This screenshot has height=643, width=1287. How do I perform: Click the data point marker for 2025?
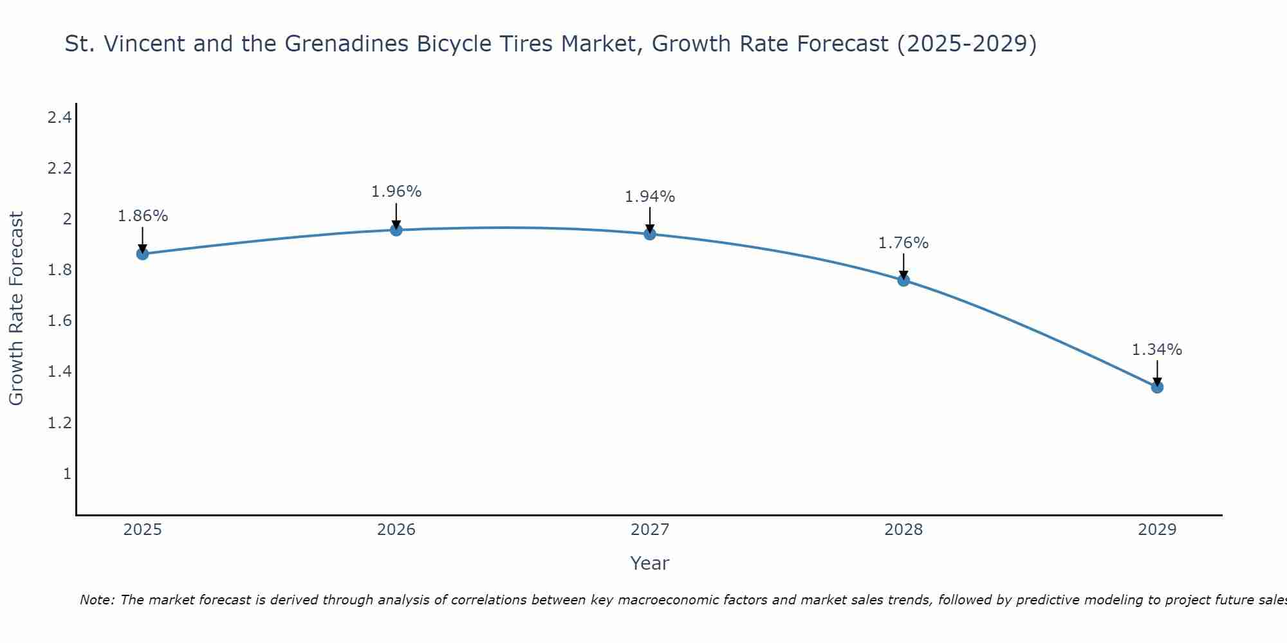(142, 254)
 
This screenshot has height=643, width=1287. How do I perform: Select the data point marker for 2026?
(396, 230)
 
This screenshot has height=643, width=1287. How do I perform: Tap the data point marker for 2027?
(650, 234)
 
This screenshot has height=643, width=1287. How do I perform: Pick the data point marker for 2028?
(903, 280)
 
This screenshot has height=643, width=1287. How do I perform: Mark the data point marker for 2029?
(1157, 387)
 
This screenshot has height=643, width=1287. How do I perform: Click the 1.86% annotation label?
(142, 216)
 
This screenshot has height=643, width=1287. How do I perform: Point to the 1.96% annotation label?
(396, 192)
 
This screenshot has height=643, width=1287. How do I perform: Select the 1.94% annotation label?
(650, 197)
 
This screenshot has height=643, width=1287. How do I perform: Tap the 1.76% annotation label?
(903, 243)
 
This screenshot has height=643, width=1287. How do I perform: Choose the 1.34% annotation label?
(1157, 350)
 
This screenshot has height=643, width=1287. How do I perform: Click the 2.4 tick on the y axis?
(59, 118)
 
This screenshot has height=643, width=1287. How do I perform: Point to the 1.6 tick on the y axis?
(59, 321)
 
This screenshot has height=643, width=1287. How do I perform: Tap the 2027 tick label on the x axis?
(650, 530)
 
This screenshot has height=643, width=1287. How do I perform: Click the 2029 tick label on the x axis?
(1157, 530)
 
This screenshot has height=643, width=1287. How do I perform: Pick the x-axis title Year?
(650, 563)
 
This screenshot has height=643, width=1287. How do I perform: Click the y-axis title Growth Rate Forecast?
(16, 309)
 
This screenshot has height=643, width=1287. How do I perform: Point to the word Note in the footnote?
(96, 600)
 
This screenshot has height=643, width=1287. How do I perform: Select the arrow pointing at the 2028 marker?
(903, 266)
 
